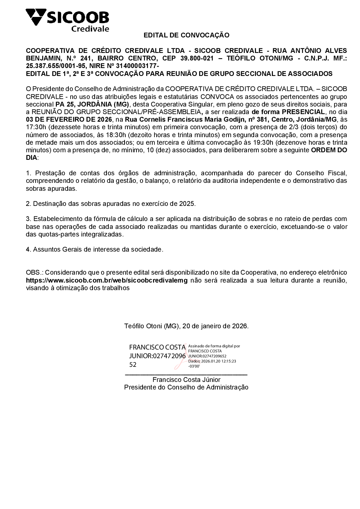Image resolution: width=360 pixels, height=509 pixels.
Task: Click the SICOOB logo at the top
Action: tap(67, 20)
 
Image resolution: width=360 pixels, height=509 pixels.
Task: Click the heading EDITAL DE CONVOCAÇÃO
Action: tap(186, 35)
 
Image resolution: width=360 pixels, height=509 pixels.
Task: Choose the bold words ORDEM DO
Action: tap(329, 150)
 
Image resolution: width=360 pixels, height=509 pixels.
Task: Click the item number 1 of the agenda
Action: tap(28, 173)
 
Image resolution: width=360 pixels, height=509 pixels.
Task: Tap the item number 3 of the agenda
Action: tap(28, 219)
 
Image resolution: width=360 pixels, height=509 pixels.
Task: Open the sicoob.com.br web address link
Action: tap(107, 280)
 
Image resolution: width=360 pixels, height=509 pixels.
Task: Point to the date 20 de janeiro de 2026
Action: tap(215, 326)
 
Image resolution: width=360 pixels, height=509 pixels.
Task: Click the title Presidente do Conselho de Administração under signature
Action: tap(186, 387)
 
